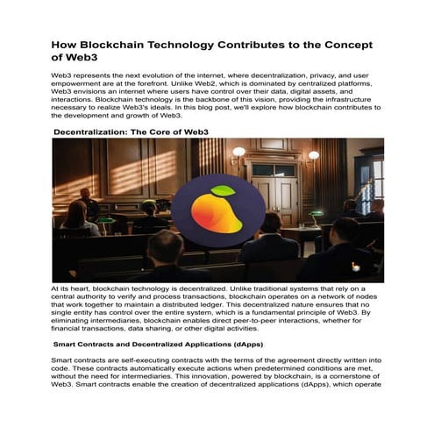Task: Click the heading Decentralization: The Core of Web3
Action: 131,132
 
